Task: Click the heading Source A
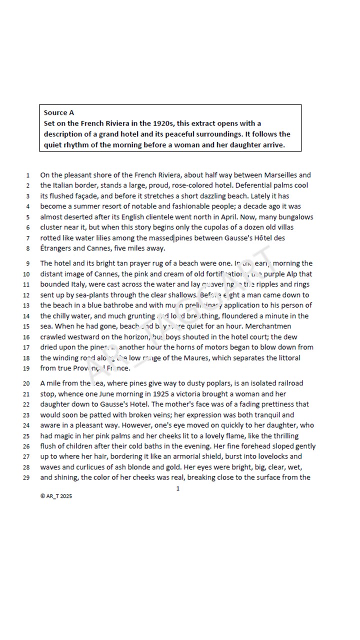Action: [x=59, y=112]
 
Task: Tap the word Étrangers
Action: [x=56, y=248]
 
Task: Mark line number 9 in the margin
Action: [x=28, y=263]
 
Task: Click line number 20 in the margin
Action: [x=27, y=383]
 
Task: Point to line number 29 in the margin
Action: [x=27, y=477]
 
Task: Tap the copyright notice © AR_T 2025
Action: [x=56, y=496]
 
